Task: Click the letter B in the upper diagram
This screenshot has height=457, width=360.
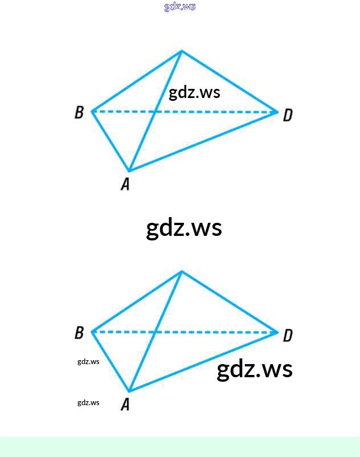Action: pos(79,112)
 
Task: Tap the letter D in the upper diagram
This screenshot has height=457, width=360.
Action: pos(288,115)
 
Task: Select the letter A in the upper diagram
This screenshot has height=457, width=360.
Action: pos(125,184)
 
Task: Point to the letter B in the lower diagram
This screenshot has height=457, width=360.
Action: pos(79,333)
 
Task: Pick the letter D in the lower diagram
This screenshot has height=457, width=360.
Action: pos(288,335)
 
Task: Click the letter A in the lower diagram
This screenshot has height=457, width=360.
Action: pos(125,405)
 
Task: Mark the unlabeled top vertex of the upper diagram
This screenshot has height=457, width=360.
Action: pos(182,51)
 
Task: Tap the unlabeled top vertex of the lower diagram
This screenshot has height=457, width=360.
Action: pos(182,272)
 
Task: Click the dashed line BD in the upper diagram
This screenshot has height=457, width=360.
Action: pos(185,112)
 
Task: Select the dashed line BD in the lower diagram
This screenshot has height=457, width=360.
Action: pos(185,332)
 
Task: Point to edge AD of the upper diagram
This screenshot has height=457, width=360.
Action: pos(203,141)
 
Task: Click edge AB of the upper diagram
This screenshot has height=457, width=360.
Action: pos(111,141)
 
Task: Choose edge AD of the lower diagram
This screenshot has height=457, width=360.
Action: pos(203,361)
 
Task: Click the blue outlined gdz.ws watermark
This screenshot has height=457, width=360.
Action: pos(179,6)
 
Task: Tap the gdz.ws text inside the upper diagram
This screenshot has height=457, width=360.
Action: pos(195,93)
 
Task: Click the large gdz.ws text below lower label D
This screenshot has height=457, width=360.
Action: pos(255,370)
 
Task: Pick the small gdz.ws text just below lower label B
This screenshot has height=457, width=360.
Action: pos(88,362)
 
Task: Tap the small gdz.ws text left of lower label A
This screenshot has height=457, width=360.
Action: pos(88,403)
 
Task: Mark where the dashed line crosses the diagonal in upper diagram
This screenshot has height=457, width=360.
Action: pos(156,112)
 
